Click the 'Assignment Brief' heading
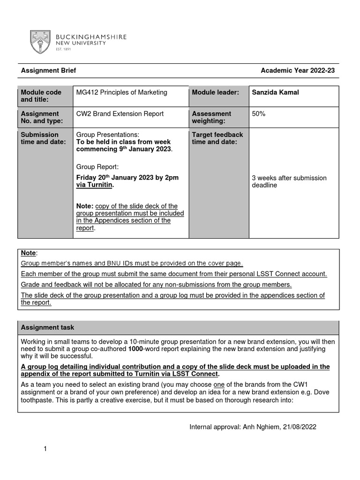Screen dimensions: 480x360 click(48, 71)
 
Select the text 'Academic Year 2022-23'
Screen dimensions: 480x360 click(298, 71)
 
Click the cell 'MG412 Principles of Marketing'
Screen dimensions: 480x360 click(121, 92)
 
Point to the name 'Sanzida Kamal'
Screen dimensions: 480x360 click(275, 92)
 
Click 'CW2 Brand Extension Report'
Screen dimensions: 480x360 click(120, 113)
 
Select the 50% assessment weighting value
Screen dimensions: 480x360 click(258, 113)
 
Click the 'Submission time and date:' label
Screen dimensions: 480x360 click(43, 138)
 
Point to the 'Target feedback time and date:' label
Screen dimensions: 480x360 click(217, 138)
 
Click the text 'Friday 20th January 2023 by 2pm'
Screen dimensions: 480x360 click(127, 178)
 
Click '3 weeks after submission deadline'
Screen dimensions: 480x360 click(289, 181)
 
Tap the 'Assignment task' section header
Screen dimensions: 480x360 click(47, 328)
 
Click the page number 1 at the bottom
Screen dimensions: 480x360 click(45, 449)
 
